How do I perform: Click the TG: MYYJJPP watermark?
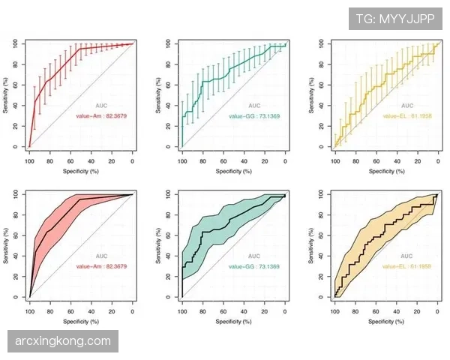(395, 19)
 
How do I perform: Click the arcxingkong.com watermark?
(63, 342)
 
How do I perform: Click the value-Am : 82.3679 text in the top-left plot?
(101, 116)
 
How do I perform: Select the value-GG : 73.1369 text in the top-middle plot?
(253, 116)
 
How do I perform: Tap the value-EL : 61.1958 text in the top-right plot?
(406, 116)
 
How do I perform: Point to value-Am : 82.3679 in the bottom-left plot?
(101, 266)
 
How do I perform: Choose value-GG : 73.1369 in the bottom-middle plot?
(253, 266)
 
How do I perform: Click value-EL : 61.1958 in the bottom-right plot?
(406, 266)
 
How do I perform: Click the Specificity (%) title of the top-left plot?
(81, 171)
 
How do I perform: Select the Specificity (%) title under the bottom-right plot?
(385, 322)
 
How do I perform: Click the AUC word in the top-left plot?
(101, 106)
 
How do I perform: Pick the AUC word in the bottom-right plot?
(406, 256)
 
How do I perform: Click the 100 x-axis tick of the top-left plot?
(29, 161)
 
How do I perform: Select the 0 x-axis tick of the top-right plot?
(437, 161)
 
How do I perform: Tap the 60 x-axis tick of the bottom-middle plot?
(223, 312)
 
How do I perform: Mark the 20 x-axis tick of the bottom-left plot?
(112, 312)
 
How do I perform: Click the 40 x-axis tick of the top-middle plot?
(244, 161)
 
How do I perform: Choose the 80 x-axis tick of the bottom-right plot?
(355, 312)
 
